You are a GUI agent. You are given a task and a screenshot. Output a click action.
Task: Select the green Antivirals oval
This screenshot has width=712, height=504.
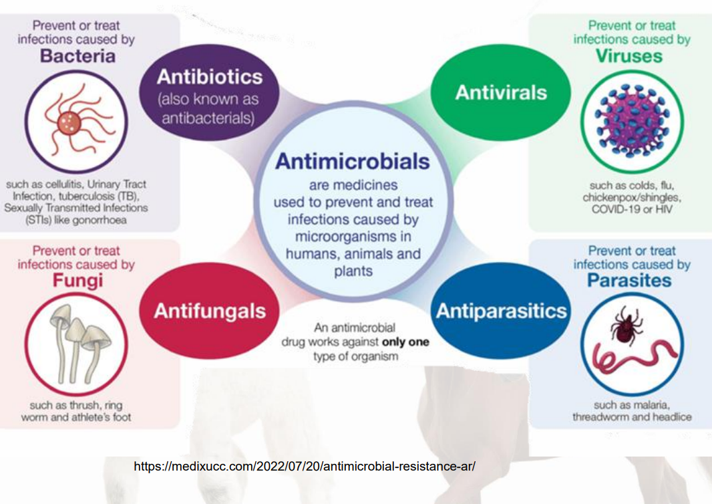coord(501,92)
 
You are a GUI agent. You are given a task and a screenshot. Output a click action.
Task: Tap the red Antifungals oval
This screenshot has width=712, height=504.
coord(210,311)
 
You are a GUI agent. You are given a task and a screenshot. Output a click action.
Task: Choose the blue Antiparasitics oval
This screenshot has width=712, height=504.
coord(501,311)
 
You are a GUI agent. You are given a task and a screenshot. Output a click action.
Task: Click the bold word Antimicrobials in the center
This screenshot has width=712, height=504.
coord(353,161)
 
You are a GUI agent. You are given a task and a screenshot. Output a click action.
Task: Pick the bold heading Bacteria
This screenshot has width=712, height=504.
coord(77,56)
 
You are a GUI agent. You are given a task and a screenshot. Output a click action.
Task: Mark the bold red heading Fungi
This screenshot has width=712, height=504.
coord(77,280)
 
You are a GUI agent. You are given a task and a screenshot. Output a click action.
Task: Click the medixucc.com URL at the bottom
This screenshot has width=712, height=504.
coord(305,466)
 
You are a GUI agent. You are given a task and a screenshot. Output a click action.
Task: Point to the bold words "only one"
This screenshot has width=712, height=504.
coord(405,342)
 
